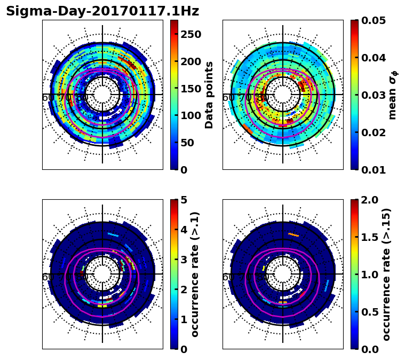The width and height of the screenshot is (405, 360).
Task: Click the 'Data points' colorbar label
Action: click(x=209, y=95)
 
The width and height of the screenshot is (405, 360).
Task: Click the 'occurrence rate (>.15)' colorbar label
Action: click(x=387, y=275)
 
